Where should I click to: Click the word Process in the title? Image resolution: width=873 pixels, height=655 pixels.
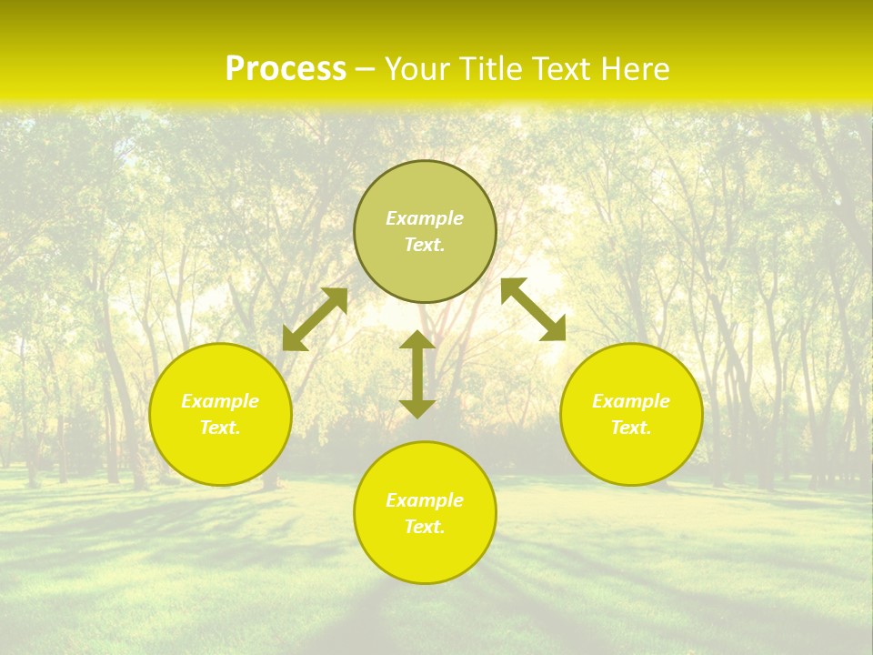coord(286,69)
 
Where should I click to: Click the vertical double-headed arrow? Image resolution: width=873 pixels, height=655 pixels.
coord(417,375)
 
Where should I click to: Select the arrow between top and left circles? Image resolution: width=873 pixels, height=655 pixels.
coord(315,319)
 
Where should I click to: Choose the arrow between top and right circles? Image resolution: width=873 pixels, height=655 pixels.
coord(534,309)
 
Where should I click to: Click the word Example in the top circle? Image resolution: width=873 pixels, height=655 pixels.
coord(425,218)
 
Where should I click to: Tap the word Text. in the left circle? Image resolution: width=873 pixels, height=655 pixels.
coord(220,428)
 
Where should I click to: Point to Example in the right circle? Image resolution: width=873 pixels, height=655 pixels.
coord(631,401)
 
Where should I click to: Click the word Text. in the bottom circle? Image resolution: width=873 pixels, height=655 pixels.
coord(425,527)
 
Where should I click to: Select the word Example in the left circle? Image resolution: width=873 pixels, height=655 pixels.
coord(220,401)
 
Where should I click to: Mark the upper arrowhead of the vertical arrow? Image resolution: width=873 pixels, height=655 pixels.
coord(417,340)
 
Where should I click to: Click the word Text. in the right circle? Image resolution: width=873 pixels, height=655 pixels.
coord(631,428)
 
